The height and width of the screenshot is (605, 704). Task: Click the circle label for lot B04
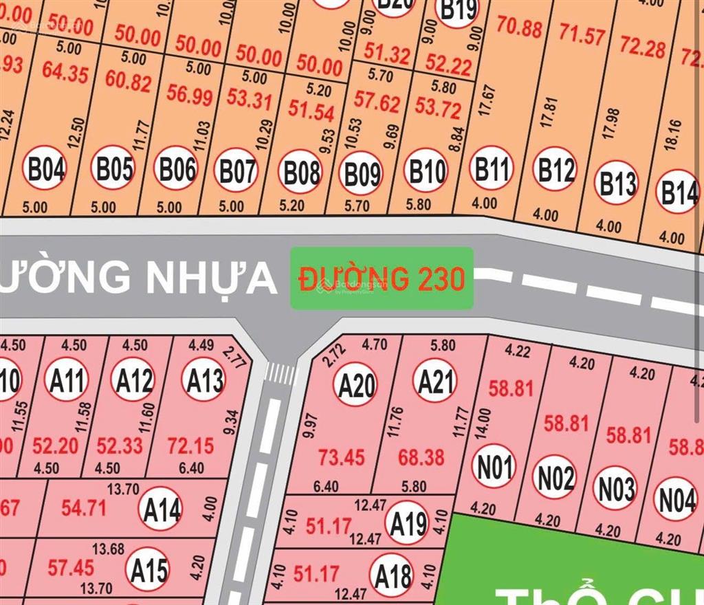pyautogui.click(x=46, y=168)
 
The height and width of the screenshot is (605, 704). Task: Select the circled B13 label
pyautogui.click(x=617, y=183)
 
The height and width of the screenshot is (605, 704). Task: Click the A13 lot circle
pyautogui.click(x=203, y=379)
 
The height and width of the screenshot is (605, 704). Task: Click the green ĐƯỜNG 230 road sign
pyautogui.click(x=382, y=278)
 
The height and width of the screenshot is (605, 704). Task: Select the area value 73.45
pyautogui.click(x=342, y=456)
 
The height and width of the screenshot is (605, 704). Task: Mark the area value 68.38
pyautogui.click(x=421, y=456)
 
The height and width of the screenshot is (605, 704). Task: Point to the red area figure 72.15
pyautogui.click(x=190, y=446)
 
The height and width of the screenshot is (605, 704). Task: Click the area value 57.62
pyautogui.click(x=376, y=103)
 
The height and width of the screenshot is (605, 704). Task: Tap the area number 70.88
pyautogui.click(x=519, y=29)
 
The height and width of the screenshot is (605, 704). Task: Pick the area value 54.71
pyautogui.click(x=83, y=508)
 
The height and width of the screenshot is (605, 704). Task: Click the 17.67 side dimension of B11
pyautogui.click(x=487, y=100)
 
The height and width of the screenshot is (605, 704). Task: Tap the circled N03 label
pyautogui.click(x=616, y=489)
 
